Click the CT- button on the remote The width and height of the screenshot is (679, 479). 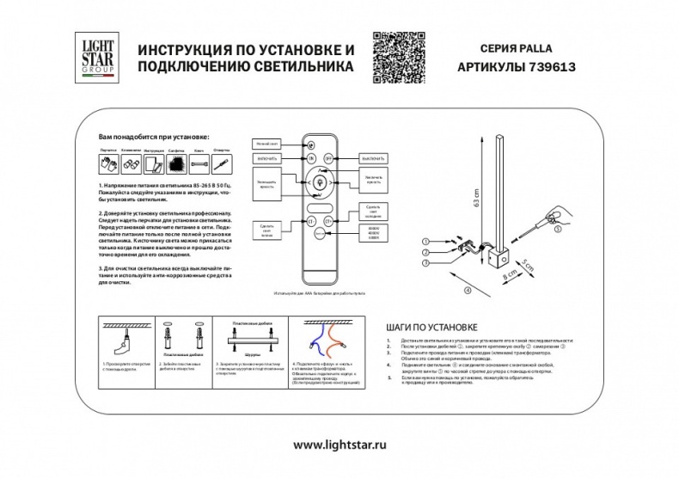coord(311,221)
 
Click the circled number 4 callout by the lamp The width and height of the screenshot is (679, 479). coord(468,292)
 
